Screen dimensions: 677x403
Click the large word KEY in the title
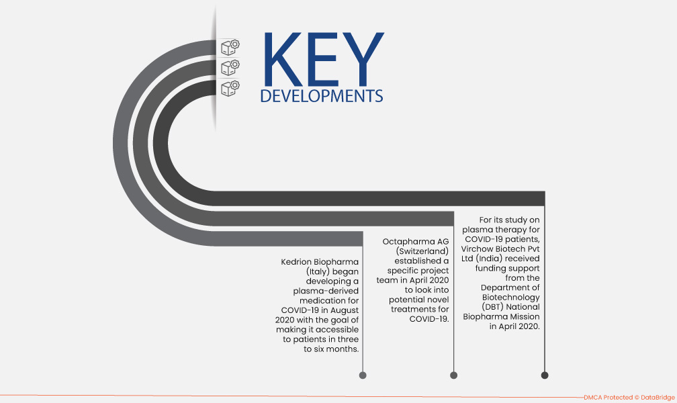click(x=324, y=59)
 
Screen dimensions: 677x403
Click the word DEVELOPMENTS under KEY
click(x=322, y=96)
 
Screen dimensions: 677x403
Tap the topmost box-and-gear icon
click(x=230, y=48)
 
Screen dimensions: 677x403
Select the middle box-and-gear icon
click(x=230, y=68)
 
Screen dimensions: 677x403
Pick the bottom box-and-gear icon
click(x=230, y=88)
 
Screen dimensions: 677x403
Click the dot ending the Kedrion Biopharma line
click(x=363, y=375)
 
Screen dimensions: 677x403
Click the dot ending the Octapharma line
click(x=454, y=375)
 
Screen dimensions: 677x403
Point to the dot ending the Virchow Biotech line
click(x=545, y=375)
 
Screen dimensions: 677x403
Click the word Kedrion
click(x=296, y=262)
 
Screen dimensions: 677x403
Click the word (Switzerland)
click(x=422, y=251)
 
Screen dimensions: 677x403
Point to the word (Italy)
click(x=318, y=272)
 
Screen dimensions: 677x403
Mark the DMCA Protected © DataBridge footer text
click(x=629, y=398)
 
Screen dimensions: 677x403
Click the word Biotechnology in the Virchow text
click(x=510, y=298)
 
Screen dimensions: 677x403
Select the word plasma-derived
click(x=326, y=291)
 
